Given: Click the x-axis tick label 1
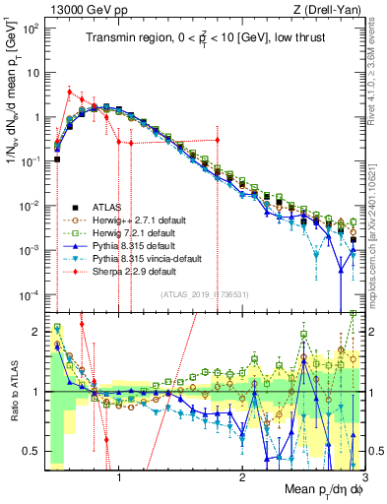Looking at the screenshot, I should (x=119, y=479).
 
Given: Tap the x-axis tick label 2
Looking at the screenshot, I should (x=242, y=479).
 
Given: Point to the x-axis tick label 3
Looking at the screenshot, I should (x=363, y=479).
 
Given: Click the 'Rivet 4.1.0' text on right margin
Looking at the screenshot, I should (x=377, y=69).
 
